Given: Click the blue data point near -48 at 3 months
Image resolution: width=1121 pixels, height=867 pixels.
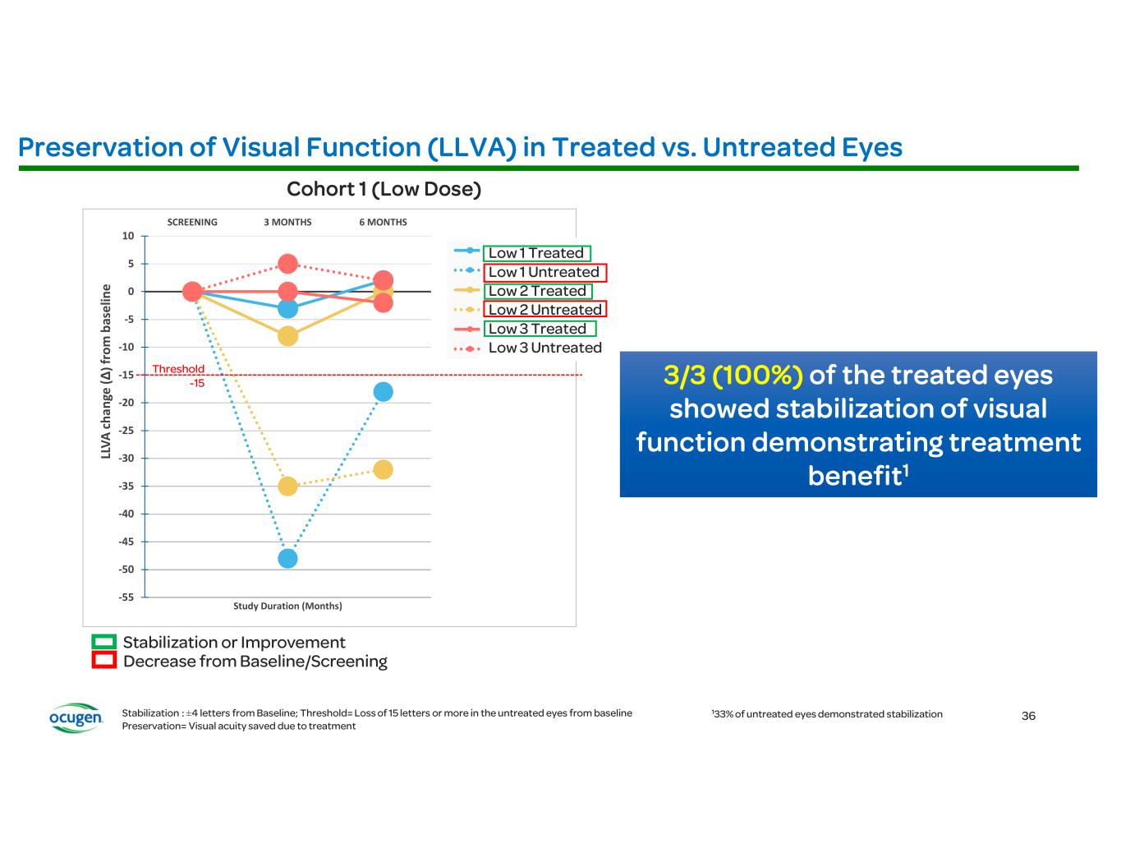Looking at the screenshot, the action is (x=287, y=558).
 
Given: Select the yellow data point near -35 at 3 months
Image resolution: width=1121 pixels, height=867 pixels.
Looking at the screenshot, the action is (x=287, y=486).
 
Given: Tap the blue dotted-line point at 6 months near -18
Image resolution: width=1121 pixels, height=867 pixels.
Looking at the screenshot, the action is (x=383, y=392).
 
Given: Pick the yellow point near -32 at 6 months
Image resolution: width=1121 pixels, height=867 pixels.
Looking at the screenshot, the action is (x=383, y=469).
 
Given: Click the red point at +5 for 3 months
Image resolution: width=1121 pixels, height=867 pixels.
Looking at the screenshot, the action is (x=287, y=264).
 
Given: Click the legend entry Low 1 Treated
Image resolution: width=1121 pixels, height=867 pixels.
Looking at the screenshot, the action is (x=536, y=253).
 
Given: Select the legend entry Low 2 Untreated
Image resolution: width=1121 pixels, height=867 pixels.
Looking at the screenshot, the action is (x=544, y=309).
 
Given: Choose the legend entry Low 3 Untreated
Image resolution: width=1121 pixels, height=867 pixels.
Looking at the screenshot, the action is (x=544, y=348).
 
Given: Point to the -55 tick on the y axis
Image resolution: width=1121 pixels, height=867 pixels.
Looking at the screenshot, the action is (x=126, y=597).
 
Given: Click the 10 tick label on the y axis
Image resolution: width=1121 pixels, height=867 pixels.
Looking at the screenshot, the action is (x=128, y=236).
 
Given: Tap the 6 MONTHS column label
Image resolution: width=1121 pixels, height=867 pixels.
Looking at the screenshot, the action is (x=383, y=222).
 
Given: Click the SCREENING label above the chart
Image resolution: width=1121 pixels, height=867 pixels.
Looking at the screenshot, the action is (x=192, y=222).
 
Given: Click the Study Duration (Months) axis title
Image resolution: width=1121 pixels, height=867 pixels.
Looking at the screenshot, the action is (x=287, y=606).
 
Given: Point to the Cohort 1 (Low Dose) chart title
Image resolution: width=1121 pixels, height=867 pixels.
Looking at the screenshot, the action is (x=384, y=189).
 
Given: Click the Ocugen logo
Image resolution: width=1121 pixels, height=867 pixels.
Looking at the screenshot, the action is (x=76, y=717).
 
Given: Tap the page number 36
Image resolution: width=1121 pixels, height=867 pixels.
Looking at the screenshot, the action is (x=1028, y=716).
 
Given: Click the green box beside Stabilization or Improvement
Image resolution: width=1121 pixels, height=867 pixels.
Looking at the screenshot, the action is (x=103, y=642).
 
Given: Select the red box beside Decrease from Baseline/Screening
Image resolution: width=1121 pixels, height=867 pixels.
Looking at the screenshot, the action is (x=103, y=661).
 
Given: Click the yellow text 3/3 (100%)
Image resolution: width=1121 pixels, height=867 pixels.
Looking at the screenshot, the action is (x=733, y=376).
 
